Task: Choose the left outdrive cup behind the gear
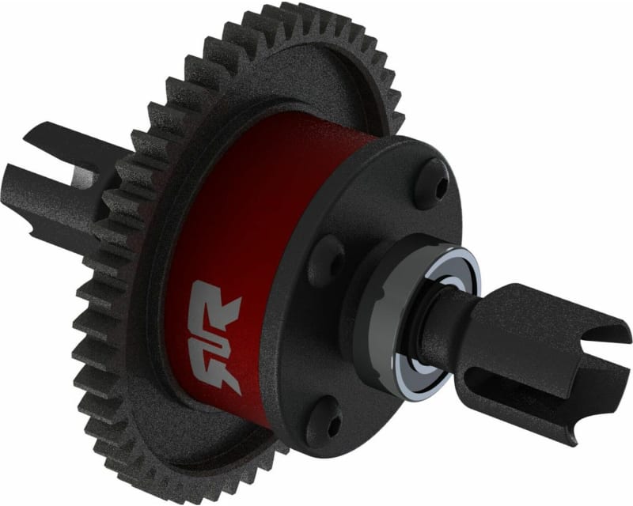pos(63,182)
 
